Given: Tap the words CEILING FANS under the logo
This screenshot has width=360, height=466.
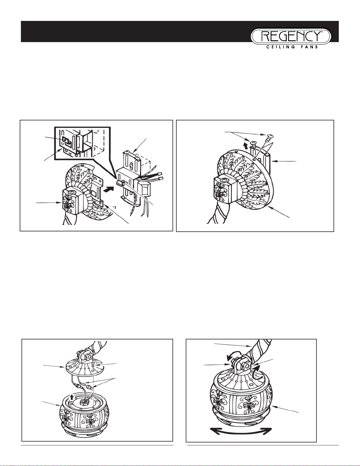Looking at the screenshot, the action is (x=292, y=47).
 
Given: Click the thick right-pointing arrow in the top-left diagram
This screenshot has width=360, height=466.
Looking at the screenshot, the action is (x=109, y=190).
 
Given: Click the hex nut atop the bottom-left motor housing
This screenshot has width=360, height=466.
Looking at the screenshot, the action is (x=83, y=403).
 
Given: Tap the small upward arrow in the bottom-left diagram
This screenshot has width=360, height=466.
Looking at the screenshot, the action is (x=72, y=396).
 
